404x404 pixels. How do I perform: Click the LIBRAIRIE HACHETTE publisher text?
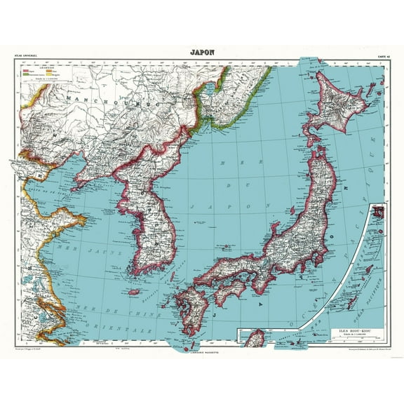pos(201,342)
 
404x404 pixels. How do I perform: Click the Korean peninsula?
pos(147,217)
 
